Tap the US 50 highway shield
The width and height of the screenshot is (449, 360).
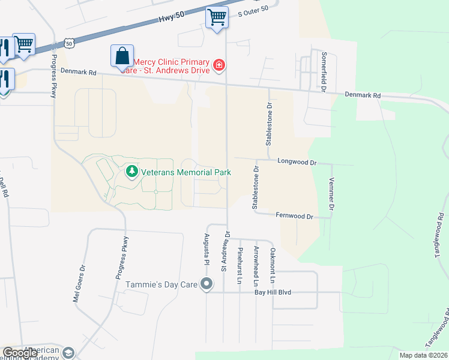pos(71,44)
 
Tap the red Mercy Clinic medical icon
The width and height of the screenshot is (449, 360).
pos(220,64)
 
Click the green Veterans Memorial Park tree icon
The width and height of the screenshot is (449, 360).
pos(131,172)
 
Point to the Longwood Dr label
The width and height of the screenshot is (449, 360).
pos(297,162)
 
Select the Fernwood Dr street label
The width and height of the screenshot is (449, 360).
pos(295,216)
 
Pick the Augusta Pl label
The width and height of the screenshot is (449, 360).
pos(206,249)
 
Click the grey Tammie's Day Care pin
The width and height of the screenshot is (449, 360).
pos(206,284)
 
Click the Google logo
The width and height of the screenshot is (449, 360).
pos(20,353)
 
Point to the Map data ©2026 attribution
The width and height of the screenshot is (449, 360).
pos(424,356)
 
